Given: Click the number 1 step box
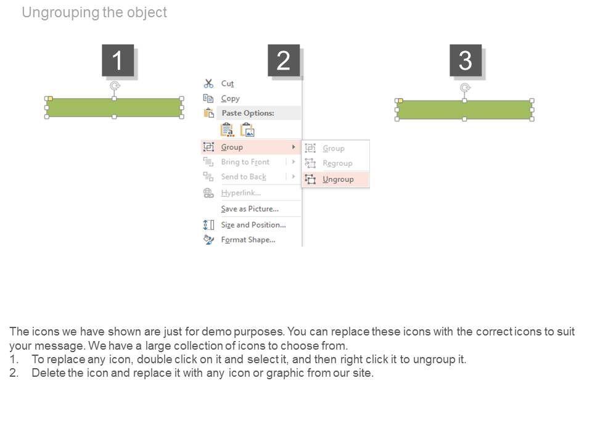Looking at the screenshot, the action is coord(118,60).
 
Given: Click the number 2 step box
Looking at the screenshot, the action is coord(284,60).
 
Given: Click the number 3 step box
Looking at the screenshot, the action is coord(466,60).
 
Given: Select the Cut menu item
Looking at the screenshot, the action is coord(228,83).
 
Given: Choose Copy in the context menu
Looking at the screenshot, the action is coord(230,99).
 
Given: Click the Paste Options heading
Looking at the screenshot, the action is coord(248,113).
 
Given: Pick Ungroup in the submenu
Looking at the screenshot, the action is coord(338,179).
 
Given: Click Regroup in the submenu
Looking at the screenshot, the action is coord(337,163).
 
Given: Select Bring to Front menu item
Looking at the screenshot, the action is coord(245,162).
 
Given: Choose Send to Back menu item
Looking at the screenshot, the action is coord(244,177).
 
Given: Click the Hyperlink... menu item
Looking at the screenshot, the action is coord(241,193).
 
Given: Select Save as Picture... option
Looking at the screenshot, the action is coord(250,209).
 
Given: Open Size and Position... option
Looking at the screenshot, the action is coord(253,225).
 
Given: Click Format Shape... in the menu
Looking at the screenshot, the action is coord(248,240).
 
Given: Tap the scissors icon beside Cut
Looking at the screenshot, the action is coord(208,83).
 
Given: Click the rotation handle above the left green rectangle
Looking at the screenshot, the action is coord(115,86).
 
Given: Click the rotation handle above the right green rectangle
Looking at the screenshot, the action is coord(465,88).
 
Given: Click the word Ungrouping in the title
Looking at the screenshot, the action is coord(60,12).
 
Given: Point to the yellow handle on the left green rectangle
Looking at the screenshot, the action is coord(50,99).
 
